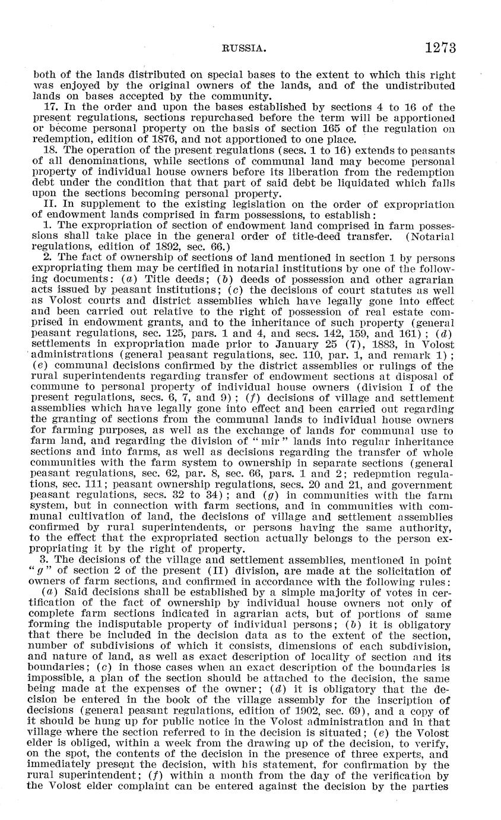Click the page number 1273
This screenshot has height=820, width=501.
tap(439, 48)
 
